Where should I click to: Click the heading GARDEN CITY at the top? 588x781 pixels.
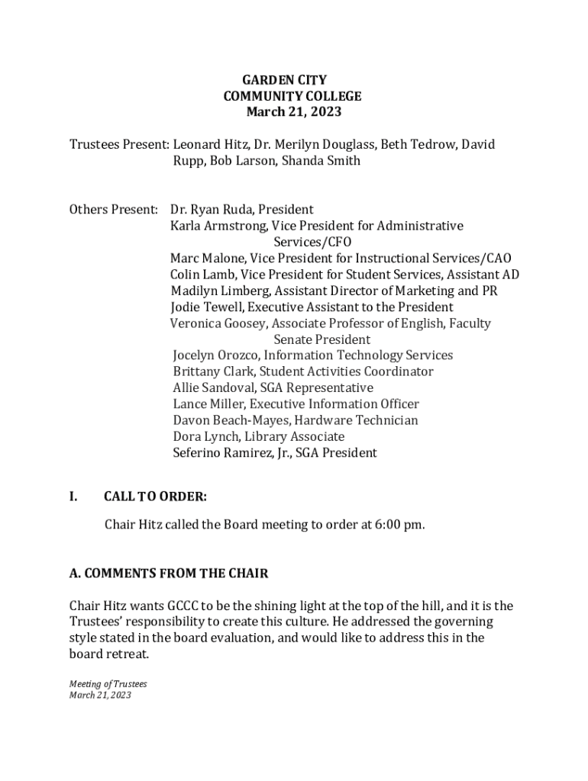pyautogui.click(x=284, y=80)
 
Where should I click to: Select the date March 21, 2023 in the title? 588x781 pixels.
pyautogui.click(x=293, y=112)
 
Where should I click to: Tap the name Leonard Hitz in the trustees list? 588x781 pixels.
pyautogui.click(x=207, y=144)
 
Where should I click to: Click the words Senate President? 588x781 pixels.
pyautogui.click(x=321, y=339)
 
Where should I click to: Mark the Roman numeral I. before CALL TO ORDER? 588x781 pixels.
pyautogui.click(x=73, y=497)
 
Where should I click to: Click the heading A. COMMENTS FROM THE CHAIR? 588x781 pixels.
pyautogui.click(x=169, y=573)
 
